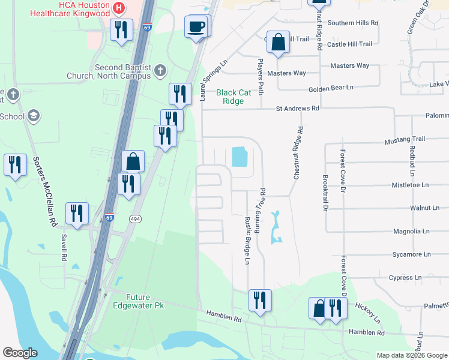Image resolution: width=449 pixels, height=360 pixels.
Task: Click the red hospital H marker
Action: [x=119, y=8]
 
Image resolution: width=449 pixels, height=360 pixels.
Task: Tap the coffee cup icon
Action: [x=197, y=27]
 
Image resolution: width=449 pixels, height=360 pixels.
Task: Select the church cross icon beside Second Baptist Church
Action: [x=159, y=71]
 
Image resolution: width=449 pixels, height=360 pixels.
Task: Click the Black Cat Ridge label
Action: [x=234, y=97]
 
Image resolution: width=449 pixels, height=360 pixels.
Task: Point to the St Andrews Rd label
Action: [x=297, y=109]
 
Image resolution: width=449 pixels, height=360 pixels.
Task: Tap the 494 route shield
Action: [x=133, y=219]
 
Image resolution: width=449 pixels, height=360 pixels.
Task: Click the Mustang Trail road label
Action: [x=405, y=139]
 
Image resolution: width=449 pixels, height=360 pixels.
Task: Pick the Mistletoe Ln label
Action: [x=411, y=185]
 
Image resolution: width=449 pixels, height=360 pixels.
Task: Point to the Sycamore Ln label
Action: [x=411, y=254]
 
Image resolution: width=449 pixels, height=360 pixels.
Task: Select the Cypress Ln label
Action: [x=405, y=278]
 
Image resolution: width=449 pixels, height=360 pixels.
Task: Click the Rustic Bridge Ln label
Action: [x=247, y=240]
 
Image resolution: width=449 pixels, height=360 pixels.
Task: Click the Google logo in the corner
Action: [x=20, y=353]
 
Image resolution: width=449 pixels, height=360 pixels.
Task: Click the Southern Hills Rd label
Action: [x=353, y=23]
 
